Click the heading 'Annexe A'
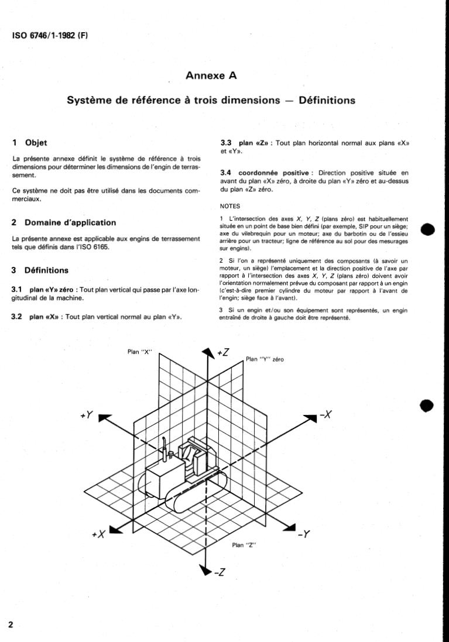(211, 75)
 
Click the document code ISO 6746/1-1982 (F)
(50, 35)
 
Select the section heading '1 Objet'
(30, 143)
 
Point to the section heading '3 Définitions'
(40, 270)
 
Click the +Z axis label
(223, 352)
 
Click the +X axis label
(98, 534)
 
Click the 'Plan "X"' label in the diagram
(139, 352)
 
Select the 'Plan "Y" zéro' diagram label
(265, 359)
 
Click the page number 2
(11, 624)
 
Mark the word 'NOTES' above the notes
(231, 207)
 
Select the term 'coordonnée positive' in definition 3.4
(273, 173)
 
